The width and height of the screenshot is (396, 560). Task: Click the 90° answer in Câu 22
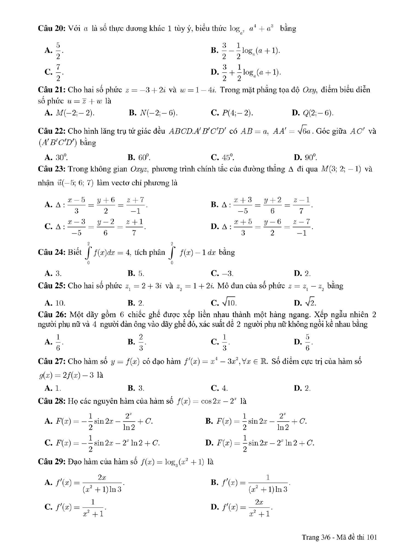click(310, 157)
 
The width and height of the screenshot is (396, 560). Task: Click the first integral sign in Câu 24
click(88, 253)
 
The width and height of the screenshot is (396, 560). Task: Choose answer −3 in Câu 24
click(227, 274)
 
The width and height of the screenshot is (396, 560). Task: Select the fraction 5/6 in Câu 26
click(308, 342)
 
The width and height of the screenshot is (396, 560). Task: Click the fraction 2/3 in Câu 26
click(141, 342)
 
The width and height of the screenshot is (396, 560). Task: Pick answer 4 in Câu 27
click(225, 388)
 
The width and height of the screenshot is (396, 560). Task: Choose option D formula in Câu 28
click(265, 443)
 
